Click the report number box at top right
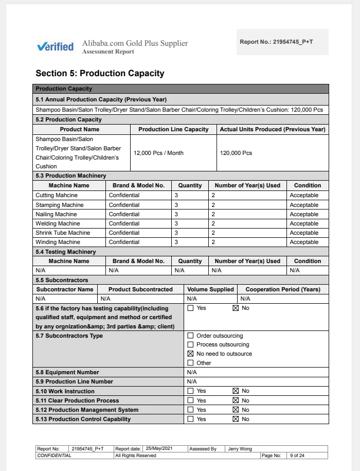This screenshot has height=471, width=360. tap(282, 42)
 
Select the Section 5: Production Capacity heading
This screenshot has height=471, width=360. tap(100, 73)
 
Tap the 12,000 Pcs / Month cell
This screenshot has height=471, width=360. tap(158, 153)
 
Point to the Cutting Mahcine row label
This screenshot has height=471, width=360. tap(56, 196)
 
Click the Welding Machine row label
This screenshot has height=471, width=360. tap(58, 223)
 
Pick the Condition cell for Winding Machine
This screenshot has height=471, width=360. tap(304, 242)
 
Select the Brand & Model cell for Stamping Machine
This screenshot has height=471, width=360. tap(124, 205)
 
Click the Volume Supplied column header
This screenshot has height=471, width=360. tap(210, 289)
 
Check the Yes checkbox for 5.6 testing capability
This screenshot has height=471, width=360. tap(190, 308)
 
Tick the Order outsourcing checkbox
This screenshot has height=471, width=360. tap(190, 336)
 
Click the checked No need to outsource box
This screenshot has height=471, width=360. tap(190, 354)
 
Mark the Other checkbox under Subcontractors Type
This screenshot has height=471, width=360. tap(190, 363)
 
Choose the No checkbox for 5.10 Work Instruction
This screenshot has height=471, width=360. tap(236, 391)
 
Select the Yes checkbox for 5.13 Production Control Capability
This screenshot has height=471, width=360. tap(190, 419)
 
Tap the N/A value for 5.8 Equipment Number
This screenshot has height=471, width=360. tap(192, 372)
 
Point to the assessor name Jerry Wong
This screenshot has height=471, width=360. tap(240, 449)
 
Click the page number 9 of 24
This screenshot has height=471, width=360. tap(297, 456)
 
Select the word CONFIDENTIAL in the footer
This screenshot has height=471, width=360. tap(54, 456)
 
